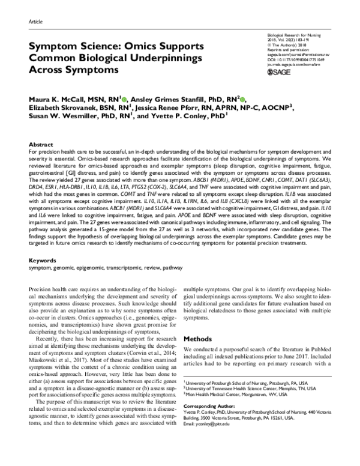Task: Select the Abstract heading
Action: [x=40, y=145]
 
